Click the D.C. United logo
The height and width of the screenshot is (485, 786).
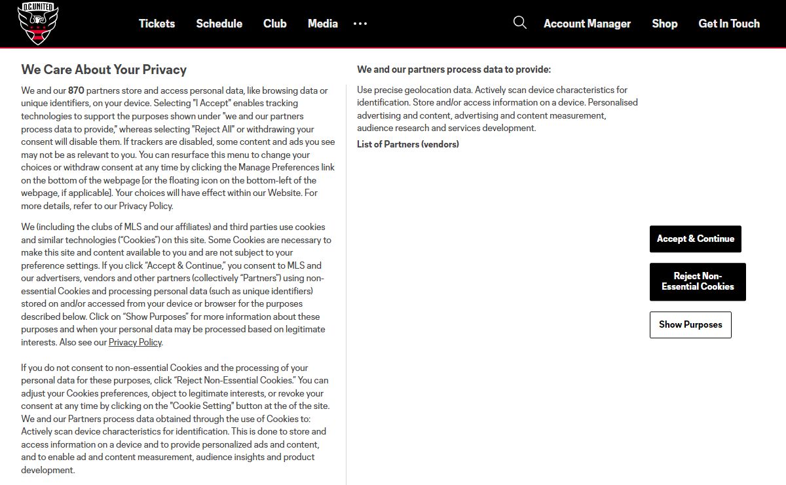click(x=37, y=24)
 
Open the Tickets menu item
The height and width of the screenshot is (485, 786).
click(x=157, y=24)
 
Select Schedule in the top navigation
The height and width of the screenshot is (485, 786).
click(x=219, y=24)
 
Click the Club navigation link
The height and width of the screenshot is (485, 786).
click(x=274, y=24)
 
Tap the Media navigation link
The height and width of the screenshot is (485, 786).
click(x=322, y=24)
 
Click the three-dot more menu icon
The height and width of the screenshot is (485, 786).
click(x=360, y=24)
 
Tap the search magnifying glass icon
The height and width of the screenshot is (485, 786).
click(x=520, y=23)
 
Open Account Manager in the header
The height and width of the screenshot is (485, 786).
click(x=587, y=24)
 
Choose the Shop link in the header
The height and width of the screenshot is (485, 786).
click(x=664, y=24)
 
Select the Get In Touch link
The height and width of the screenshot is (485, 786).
click(x=729, y=24)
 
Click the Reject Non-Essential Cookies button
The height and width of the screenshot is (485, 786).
click(x=698, y=281)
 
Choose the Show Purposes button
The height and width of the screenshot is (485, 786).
click(x=690, y=324)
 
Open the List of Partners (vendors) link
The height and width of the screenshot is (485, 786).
click(x=407, y=144)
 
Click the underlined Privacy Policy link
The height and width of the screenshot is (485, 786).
click(x=135, y=342)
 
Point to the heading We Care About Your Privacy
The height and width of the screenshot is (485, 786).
click(x=103, y=69)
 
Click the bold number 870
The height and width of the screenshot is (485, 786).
click(x=76, y=90)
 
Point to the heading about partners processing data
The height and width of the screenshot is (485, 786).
click(x=454, y=69)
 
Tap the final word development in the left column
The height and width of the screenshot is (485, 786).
click(x=48, y=470)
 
